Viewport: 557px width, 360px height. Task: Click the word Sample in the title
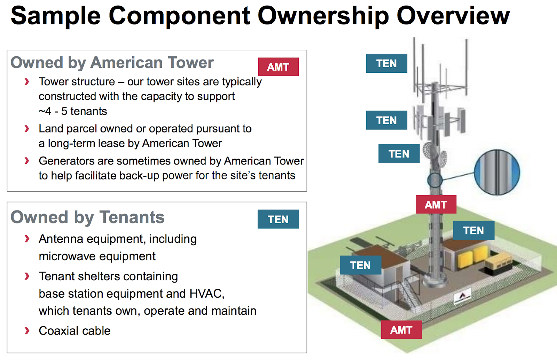pos(56,16)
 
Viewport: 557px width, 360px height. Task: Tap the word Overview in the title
pos(453,16)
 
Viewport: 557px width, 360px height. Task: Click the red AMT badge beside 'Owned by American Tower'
pos(278,67)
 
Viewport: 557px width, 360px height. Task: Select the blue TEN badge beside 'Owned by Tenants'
pos(278,219)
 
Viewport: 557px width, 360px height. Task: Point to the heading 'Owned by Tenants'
pos(87,217)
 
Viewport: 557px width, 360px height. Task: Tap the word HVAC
pos(207,294)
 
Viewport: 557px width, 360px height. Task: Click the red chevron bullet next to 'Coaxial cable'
pos(27,331)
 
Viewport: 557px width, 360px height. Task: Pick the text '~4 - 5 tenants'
pos(73,111)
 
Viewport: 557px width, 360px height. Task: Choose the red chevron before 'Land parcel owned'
pos(27,129)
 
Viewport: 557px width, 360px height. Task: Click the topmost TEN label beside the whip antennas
pos(386,63)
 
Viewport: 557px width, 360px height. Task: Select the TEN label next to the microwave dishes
pos(399,154)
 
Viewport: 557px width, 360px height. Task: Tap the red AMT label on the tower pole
pos(436,205)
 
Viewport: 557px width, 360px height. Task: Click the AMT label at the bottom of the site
pos(401,330)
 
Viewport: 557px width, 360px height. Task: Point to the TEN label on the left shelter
pos(361,265)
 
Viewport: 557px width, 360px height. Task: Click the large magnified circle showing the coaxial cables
pos(497,172)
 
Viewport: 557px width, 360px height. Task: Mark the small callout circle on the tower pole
pos(435,180)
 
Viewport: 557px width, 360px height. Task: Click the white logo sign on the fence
pos(462,296)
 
